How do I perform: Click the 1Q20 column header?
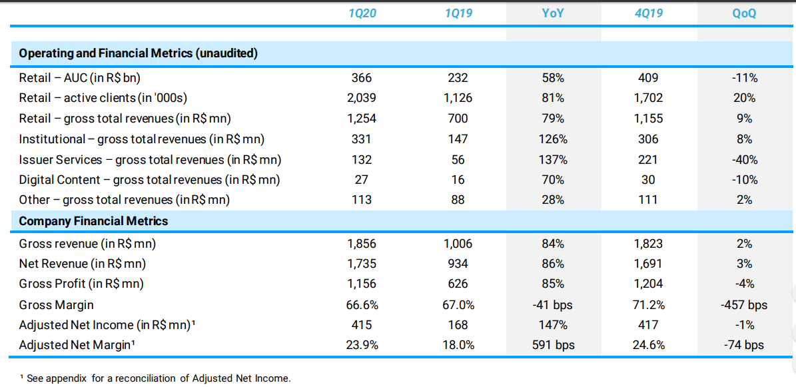pos(362,13)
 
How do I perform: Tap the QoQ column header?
pos(744,13)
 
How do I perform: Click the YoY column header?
pos(553,13)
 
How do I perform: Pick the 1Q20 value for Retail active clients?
pos(362,98)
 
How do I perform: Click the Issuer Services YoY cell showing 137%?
pos(553,159)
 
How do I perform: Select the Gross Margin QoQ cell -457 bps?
pos(744,304)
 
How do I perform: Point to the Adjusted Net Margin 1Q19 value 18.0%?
pos(458,345)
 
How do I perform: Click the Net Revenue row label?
pos(82,264)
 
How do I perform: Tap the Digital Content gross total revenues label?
pos(149,180)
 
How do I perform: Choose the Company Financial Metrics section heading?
pos(93,221)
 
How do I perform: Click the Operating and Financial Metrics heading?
pos(138,53)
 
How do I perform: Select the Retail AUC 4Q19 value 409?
pos(648,77)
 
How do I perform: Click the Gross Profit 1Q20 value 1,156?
pos(362,284)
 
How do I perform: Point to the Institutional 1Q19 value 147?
pos(458,139)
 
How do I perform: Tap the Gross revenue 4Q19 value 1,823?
pos(648,244)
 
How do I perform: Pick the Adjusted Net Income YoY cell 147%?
pos(553,325)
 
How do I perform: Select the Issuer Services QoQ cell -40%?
pos(744,159)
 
